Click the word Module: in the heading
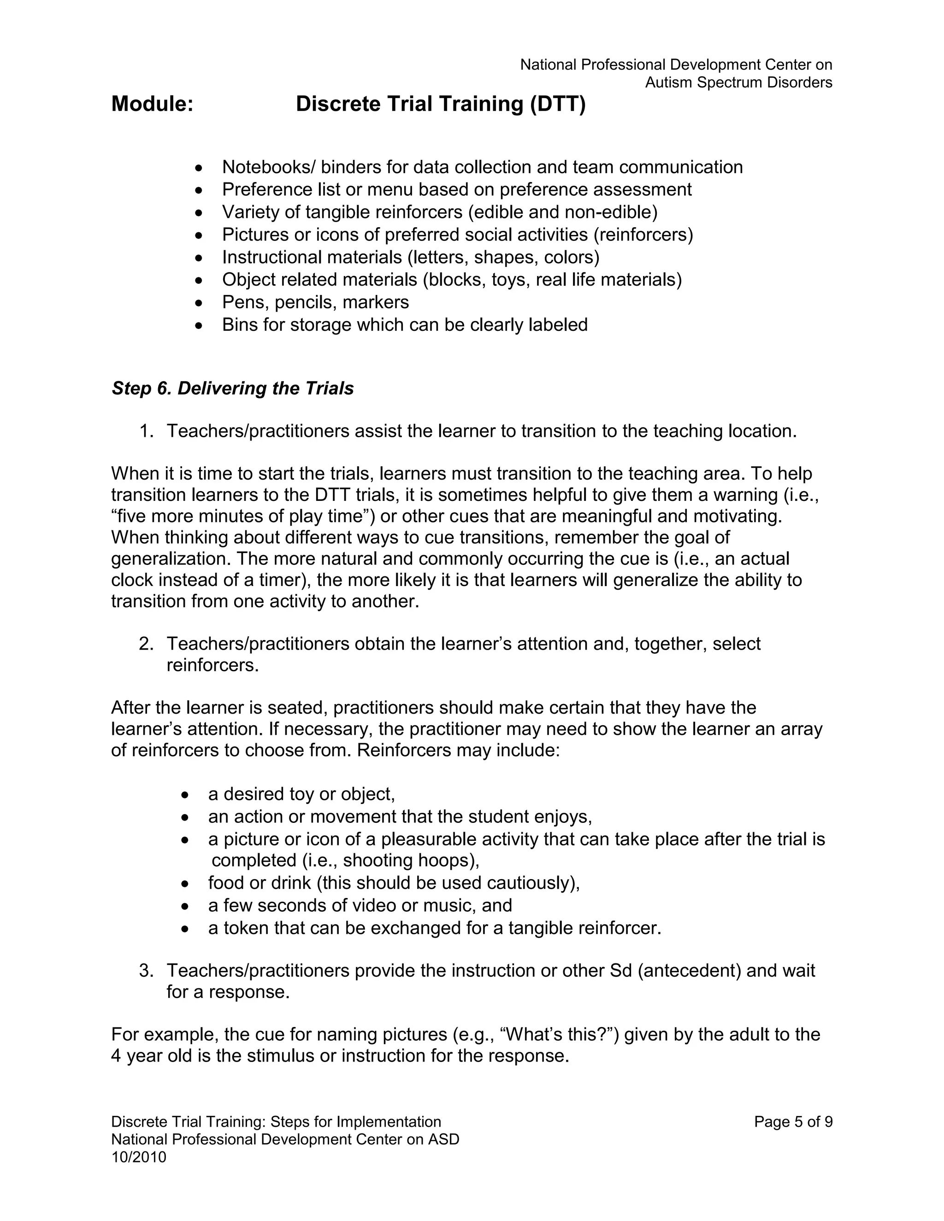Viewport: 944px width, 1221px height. [x=152, y=104]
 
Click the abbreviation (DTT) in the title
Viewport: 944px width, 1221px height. [x=558, y=104]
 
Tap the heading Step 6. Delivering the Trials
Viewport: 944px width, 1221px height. [x=233, y=388]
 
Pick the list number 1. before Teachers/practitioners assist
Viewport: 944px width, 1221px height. [x=146, y=431]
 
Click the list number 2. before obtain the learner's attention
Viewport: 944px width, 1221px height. [x=146, y=644]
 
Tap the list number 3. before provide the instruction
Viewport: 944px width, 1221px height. [x=146, y=970]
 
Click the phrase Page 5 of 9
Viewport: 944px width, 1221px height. [x=793, y=1121]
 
